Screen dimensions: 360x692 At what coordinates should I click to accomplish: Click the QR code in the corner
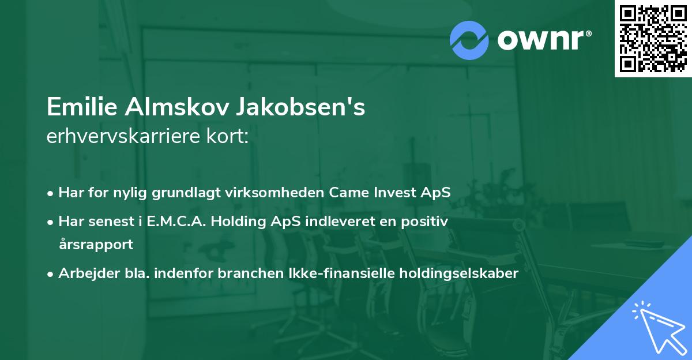coord(653,39)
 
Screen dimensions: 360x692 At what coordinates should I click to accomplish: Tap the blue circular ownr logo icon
coord(469,40)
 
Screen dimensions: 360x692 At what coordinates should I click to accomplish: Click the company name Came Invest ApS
coord(390,192)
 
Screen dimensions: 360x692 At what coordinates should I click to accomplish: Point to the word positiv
coord(428,220)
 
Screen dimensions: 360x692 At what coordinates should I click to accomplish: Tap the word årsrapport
coord(96,244)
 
